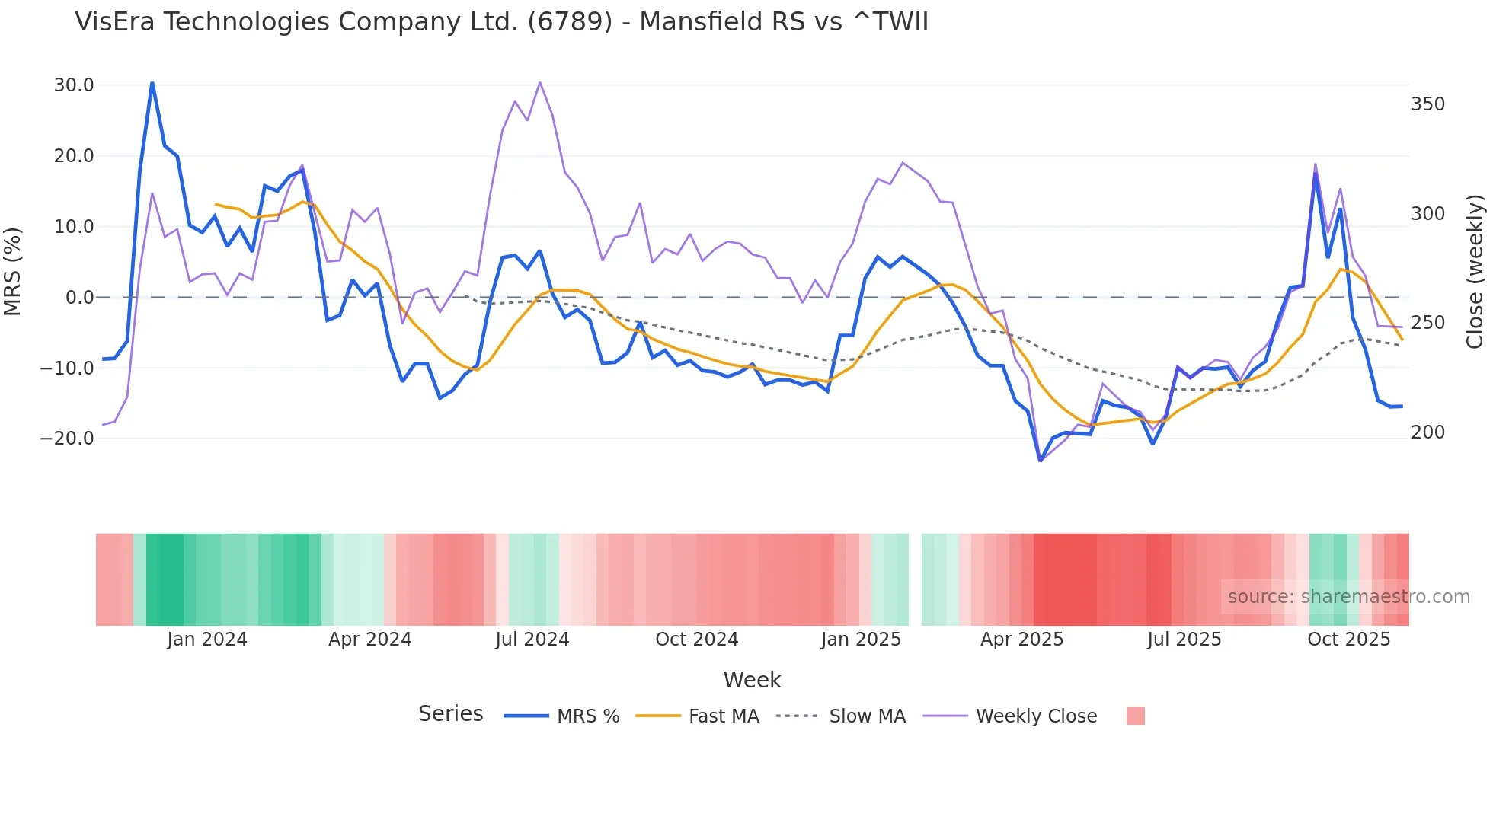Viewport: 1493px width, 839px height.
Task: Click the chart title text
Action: (x=501, y=22)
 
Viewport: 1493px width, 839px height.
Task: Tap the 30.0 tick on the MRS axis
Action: (x=74, y=85)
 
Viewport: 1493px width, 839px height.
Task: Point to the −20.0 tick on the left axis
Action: (x=67, y=439)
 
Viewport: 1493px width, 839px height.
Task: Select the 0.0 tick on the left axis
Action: (x=79, y=298)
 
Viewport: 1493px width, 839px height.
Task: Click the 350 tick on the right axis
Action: (x=1427, y=104)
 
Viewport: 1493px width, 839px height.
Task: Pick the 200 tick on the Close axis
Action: (x=1427, y=432)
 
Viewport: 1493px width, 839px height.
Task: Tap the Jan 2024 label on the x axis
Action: (x=207, y=640)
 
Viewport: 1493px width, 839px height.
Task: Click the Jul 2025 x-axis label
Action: (x=1184, y=640)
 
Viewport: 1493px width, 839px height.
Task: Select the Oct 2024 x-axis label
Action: (x=696, y=640)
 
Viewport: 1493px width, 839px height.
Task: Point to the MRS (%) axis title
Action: (x=13, y=271)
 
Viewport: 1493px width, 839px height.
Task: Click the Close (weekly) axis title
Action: (x=1475, y=271)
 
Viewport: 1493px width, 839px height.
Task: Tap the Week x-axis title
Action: (x=752, y=680)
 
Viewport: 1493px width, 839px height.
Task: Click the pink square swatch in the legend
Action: (x=1135, y=716)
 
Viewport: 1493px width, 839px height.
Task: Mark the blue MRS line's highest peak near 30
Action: (x=152, y=83)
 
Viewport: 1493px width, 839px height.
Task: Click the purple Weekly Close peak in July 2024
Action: (x=539, y=83)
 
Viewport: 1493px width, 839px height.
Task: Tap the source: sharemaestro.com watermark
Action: (x=1348, y=597)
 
